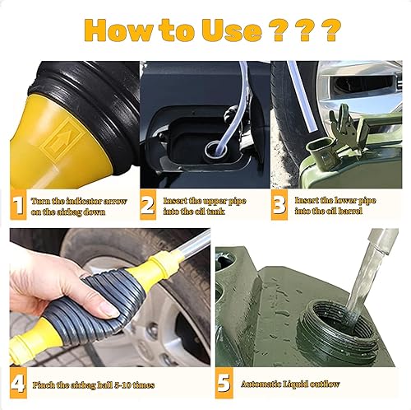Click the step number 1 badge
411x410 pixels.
click(16, 204)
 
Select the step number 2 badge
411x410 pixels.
click(148, 204)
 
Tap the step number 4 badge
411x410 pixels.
click(16, 383)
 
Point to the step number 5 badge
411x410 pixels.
click(224, 383)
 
